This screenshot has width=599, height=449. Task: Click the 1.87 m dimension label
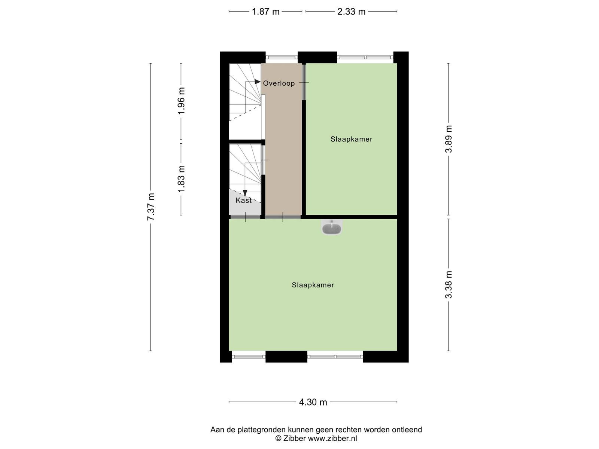tap(265, 12)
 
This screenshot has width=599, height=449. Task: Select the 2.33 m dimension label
tap(351, 12)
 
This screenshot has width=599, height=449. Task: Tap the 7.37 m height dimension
tap(151, 207)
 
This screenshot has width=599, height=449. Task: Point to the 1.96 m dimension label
tap(181, 101)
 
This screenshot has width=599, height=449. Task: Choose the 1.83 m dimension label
tap(181, 179)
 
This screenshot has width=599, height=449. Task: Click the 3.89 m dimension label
tap(449, 139)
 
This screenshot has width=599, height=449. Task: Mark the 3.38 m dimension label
tap(449, 285)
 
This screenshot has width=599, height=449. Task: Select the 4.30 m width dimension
tap(313, 402)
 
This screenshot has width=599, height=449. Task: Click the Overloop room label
tap(279, 83)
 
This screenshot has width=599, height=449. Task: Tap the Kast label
tap(244, 201)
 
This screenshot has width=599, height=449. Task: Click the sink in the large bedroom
tap(332, 227)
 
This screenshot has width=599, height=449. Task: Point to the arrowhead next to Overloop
tap(257, 82)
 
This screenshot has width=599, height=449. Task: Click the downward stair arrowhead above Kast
tap(245, 193)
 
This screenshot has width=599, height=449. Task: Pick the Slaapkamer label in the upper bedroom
tap(351, 139)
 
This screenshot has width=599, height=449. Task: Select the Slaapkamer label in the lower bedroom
tap(313, 285)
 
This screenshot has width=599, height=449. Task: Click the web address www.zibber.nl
tap(332, 439)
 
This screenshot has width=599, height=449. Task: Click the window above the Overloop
tap(282, 58)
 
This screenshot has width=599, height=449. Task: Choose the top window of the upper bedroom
tap(365, 58)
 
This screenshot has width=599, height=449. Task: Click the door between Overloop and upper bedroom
tap(304, 82)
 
